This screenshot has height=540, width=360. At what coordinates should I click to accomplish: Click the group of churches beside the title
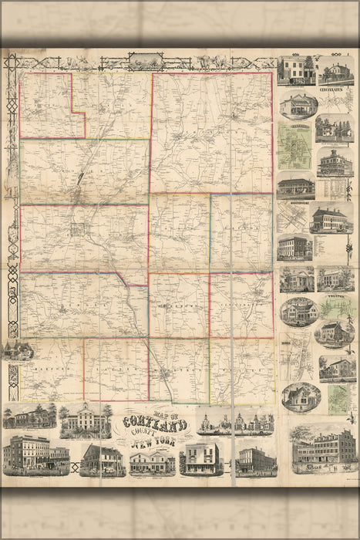point(235,422)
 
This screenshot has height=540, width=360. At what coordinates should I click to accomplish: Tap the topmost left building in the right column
point(295,70)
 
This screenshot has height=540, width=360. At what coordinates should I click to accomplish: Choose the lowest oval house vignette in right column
point(301,397)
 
